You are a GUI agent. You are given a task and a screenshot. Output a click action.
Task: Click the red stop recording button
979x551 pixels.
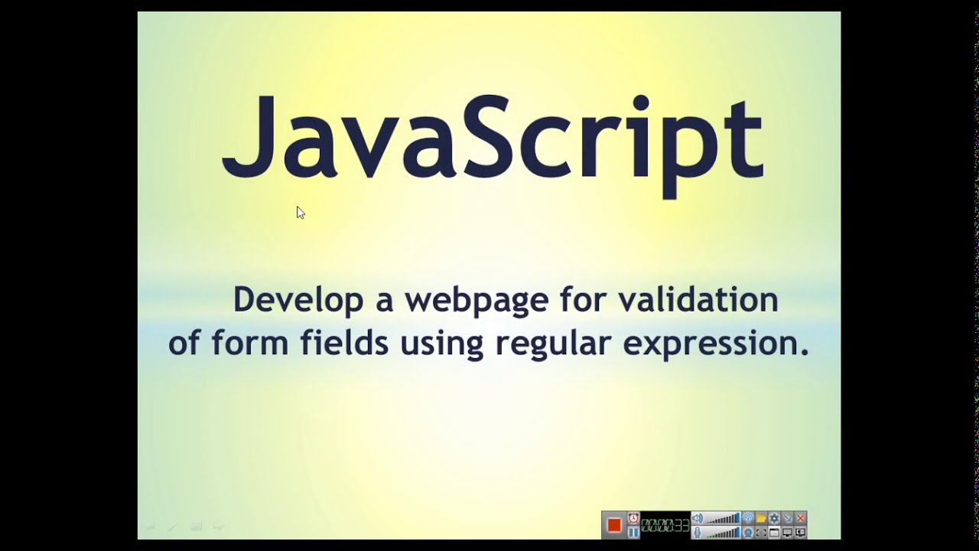tap(613, 525)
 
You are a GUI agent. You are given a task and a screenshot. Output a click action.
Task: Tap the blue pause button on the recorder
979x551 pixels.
tap(634, 532)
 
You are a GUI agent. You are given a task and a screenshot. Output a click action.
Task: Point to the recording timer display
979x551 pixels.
tap(665, 525)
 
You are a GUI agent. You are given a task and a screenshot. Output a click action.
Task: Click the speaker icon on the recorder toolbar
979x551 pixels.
tap(697, 519)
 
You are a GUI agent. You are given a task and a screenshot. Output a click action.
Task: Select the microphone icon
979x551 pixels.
tap(697, 532)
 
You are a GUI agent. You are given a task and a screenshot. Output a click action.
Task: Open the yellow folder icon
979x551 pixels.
tap(761, 519)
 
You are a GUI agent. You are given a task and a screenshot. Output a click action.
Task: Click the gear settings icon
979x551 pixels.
tap(774, 519)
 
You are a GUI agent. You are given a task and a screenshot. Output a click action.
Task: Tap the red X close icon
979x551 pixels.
tap(800, 519)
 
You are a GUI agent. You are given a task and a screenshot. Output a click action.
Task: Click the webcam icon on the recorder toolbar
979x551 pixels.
tap(749, 532)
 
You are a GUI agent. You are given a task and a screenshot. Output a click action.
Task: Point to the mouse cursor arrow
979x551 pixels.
tap(300, 212)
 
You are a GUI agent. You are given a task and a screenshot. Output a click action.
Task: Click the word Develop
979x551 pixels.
tap(298, 300)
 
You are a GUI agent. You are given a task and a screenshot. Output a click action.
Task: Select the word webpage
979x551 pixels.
tap(476, 300)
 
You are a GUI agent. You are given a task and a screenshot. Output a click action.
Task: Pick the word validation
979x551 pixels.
tap(698, 298)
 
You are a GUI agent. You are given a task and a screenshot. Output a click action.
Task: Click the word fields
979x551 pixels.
tap(344, 343)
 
